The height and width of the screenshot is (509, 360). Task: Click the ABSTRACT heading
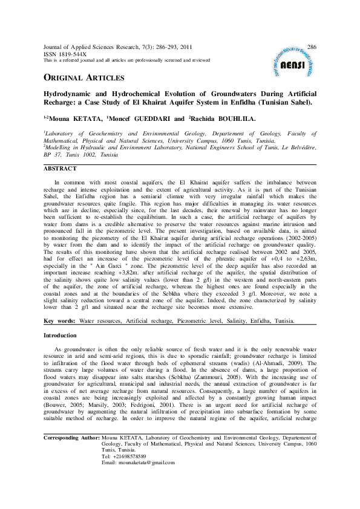[60, 169]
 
